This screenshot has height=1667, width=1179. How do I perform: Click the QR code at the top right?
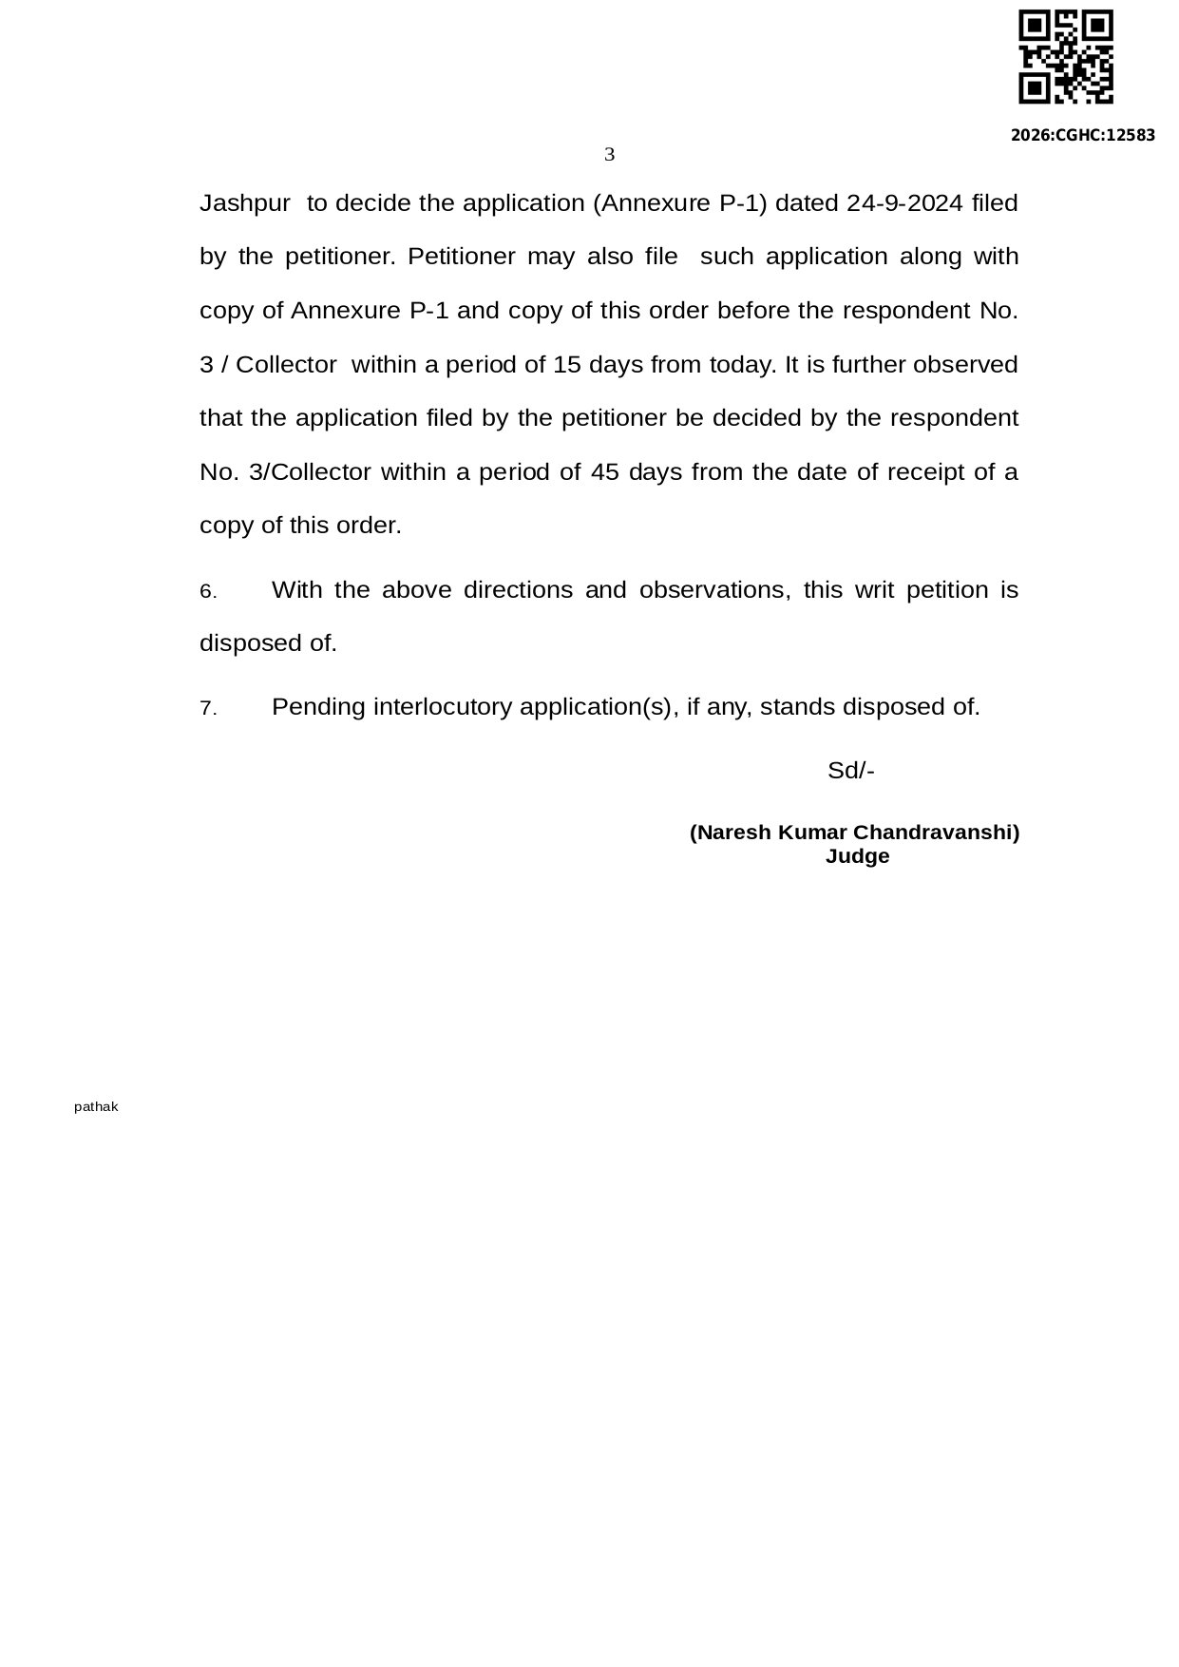click(1065, 57)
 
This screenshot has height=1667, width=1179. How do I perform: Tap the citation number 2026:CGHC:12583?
click(1082, 135)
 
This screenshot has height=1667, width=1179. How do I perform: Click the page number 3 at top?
click(609, 155)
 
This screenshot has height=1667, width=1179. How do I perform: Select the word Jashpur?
click(244, 203)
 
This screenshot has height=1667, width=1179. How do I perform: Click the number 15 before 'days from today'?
click(566, 365)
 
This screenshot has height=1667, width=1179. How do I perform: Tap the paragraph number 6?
click(207, 592)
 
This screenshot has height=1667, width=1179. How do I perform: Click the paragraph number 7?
click(207, 709)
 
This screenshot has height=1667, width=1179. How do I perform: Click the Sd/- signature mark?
click(850, 771)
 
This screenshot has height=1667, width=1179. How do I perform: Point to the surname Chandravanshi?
click(936, 833)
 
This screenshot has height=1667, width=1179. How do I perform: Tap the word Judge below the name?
click(857, 856)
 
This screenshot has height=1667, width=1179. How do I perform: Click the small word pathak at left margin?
click(96, 1107)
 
